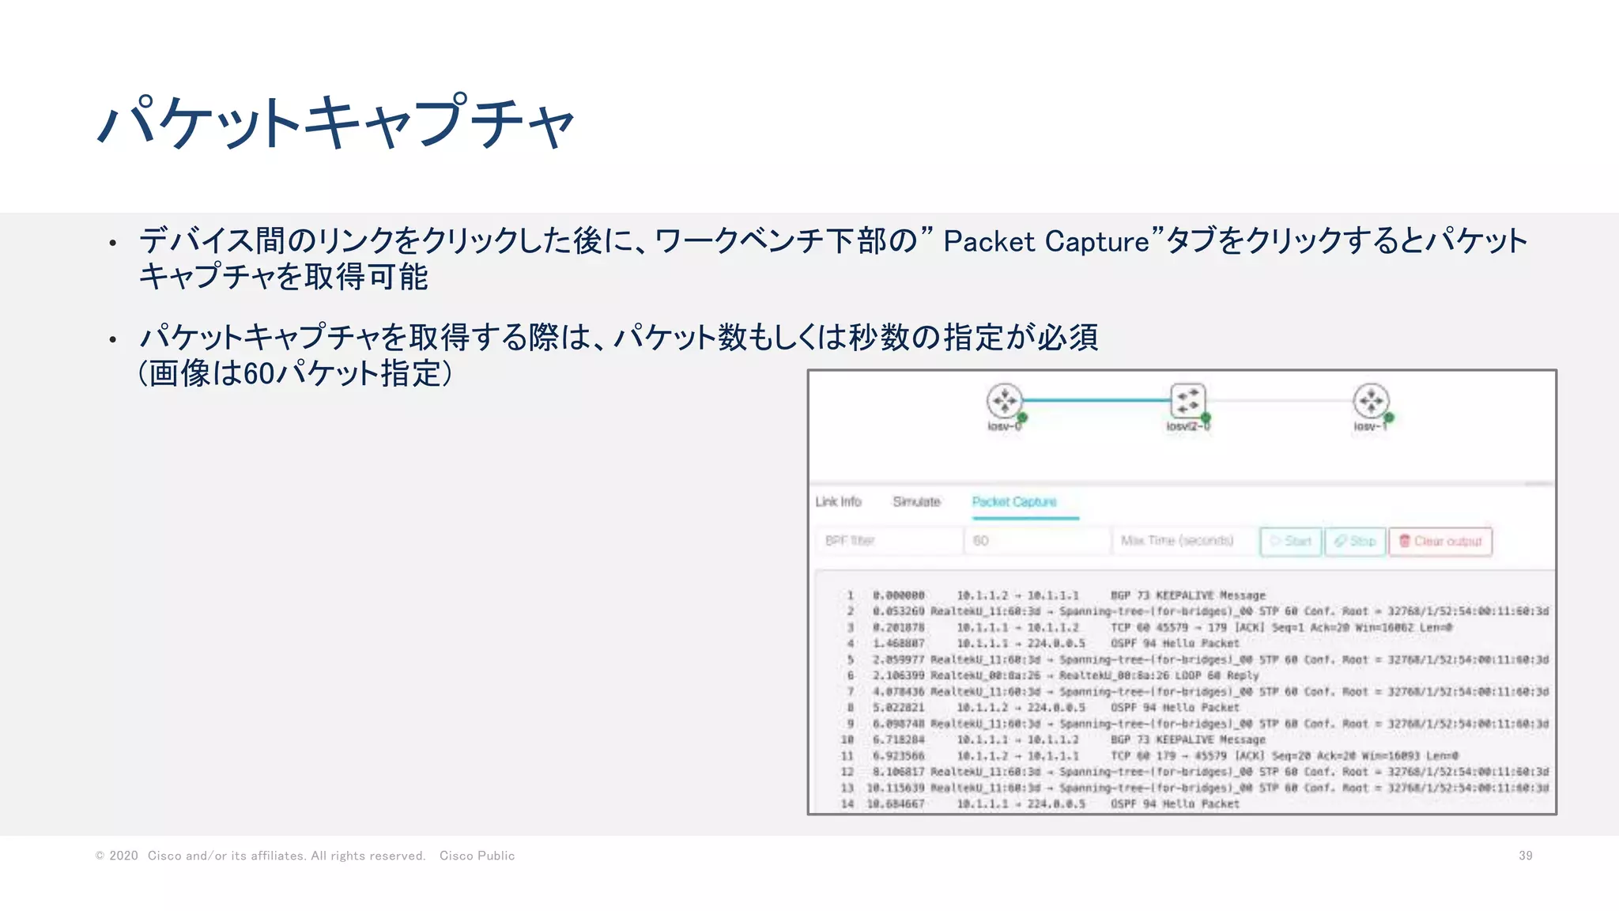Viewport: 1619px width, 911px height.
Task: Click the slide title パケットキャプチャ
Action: coord(335,123)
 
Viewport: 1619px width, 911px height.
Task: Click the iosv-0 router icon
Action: coord(1004,401)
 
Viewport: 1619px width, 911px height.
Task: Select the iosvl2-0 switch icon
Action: coord(1187,400)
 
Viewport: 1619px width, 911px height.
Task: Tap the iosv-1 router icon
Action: coord(1371,401)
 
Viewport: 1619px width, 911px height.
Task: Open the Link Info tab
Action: coord(838,502)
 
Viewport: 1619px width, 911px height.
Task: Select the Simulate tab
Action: coord(916,502)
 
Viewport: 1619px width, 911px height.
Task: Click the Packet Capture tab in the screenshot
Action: coord(1014,502)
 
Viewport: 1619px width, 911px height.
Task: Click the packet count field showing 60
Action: coord(1036,541)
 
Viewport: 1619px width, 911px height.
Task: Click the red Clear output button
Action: coord(1440,542)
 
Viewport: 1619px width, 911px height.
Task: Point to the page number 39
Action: coord(1525,856)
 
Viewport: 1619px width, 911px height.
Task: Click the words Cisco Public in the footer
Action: coord(477,856)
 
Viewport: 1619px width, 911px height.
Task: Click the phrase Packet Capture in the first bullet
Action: coord(1046,242)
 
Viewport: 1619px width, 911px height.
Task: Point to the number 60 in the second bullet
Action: coord(259,373)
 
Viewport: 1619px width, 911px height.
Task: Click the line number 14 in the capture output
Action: coord(847,804)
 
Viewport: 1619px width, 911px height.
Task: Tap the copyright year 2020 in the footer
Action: coord(123,856)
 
